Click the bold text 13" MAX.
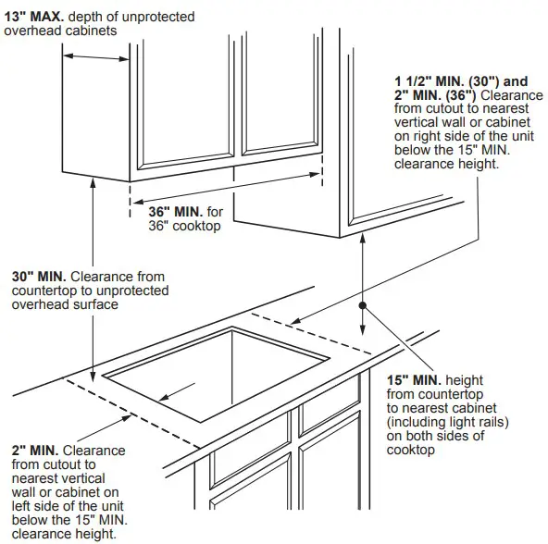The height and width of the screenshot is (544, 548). (x=33, y=16)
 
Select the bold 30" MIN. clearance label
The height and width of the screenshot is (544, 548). (x=38, y=276)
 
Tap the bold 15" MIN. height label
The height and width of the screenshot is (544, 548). (x=414, y=380)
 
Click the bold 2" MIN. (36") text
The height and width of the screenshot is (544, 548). (x=436, y=94)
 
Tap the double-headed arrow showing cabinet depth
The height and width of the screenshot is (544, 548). (x=96, y=56)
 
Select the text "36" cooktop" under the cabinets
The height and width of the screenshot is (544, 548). (x=185, y=225)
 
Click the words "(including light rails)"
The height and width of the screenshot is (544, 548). (x=449, y=422)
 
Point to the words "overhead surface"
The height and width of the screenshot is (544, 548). (x=65, y=304)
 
